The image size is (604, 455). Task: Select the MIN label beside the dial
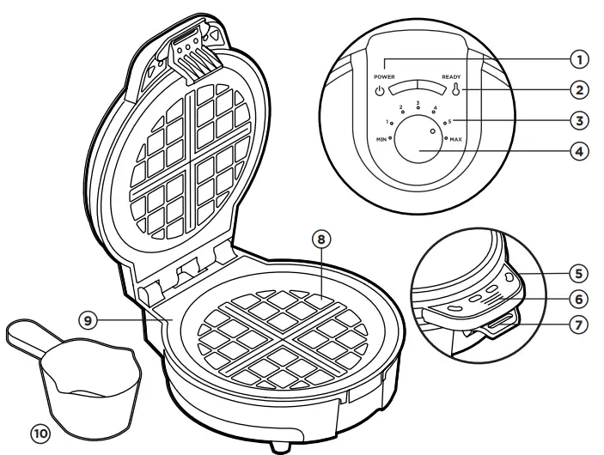(x=379, y=137)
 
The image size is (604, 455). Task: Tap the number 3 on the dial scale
(x=417, y=103)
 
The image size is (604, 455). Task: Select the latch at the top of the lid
(x=191, y=43)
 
